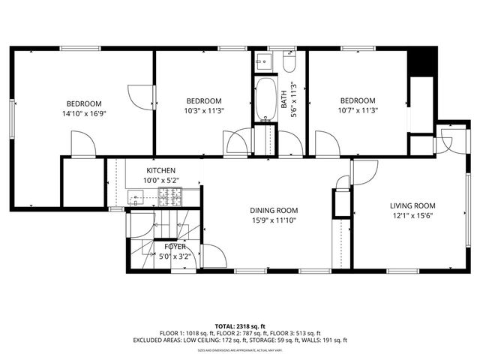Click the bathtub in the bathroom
coord(265,99)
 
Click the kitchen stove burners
coord(169,197)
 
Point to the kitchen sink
coord(136,198)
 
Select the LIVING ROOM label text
coord(412,205)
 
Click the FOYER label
coord(175,246)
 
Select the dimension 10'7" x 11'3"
coord(357,111)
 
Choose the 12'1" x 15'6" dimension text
coord(412,216)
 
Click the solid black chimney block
coord(424,60)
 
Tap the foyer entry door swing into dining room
coord(213,256)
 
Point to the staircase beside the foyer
coord(164,225)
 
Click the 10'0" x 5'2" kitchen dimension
coord(161,181)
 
